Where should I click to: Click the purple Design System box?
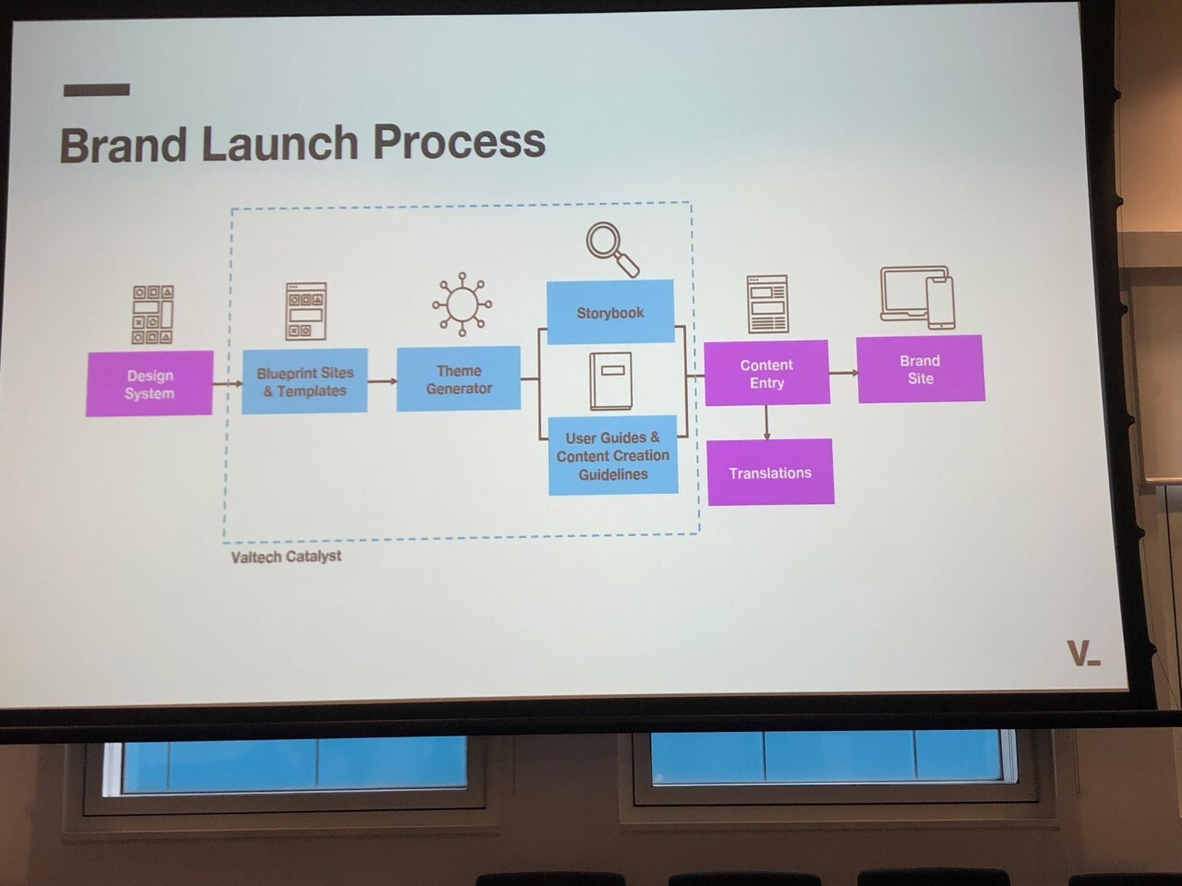[x=150, y=383]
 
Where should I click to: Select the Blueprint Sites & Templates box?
[x=305, y=381]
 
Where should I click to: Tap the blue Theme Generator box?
[x=459, y=378]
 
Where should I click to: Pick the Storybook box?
[x=610, y=312]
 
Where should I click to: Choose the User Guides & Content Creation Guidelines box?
[x=613, y=455]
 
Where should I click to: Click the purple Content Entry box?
[x=766, y=373]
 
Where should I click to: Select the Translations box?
[x=770, y=472]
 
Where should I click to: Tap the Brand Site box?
[x=921, y=369]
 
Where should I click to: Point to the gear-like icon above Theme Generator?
[x=462, y=304]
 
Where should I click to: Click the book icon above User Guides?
[x=611, y=381]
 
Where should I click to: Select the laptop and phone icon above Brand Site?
[x=917, y=297]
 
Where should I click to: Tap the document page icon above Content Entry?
[x=767, y=304]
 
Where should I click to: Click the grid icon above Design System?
[x=153, y=314]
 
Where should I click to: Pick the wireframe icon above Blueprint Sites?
[x=306, y=311]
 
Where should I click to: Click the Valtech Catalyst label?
[x=286, y=557]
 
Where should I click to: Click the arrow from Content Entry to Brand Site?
[x=843, y=373]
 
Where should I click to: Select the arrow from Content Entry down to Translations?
[x=766, y=422]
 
